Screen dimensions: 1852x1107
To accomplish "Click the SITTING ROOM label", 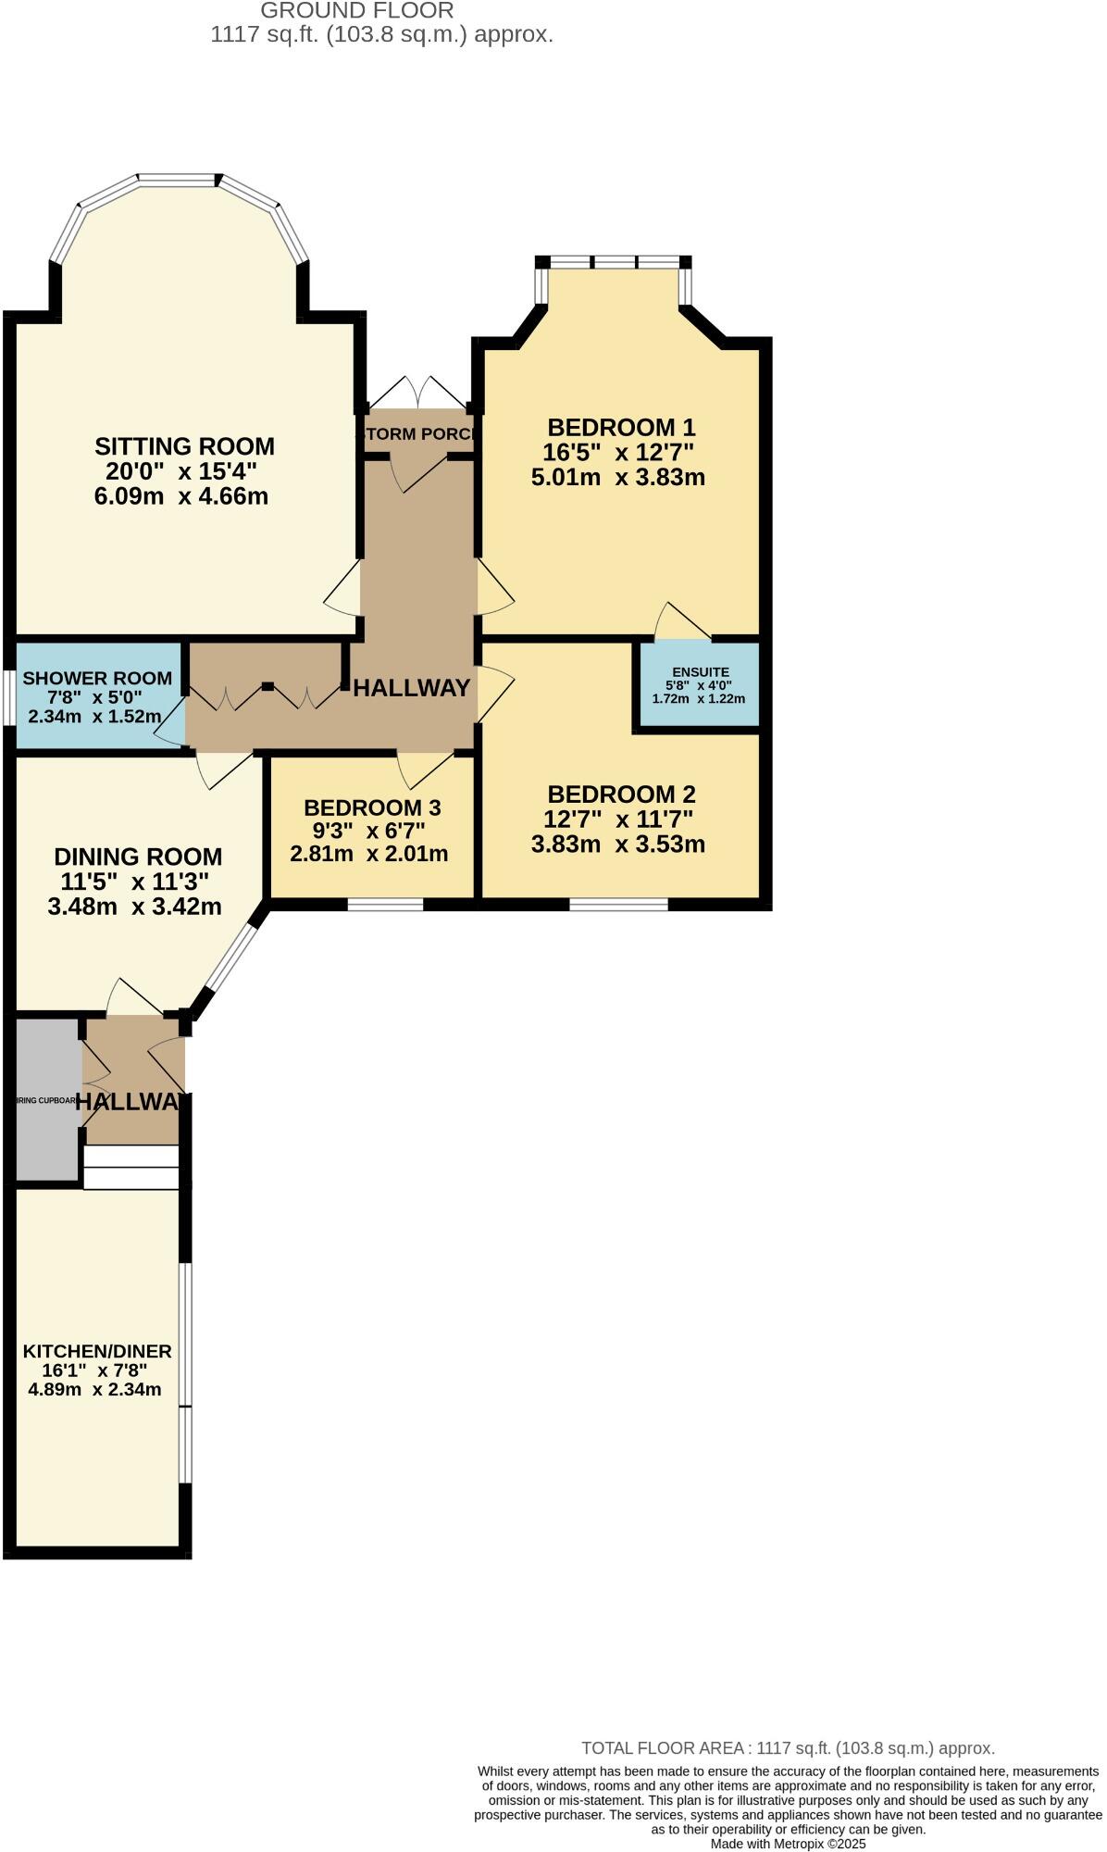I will click(184, 446).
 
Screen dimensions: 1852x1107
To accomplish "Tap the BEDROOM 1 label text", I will click(620, 427).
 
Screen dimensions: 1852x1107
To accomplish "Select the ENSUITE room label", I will click(701, 672).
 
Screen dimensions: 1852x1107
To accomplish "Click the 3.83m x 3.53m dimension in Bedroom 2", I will click(618, 845).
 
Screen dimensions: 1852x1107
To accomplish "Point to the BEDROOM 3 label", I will click(372, 807).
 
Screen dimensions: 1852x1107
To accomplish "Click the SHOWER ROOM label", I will click(97, 679).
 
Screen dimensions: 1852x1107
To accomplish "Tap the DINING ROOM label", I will click(138, 857).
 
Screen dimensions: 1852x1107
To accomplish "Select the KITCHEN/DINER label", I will click(97, 1351).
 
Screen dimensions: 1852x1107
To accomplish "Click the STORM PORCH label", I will click(418, 434).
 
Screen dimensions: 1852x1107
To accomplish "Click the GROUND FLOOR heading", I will click(356, 11).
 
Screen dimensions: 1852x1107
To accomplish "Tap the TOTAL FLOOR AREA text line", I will click(788, 1748).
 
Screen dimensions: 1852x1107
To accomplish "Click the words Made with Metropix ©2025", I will click(788, 1844).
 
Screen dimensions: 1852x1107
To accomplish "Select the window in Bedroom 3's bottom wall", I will click(385, 904).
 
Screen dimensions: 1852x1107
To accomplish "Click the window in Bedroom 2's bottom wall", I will click(618, 904).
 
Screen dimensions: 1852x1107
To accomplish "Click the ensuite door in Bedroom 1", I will click(682, 624).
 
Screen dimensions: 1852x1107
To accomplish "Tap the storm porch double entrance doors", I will click(418, 392).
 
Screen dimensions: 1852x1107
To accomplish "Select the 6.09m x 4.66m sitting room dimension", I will click(181, 496).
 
